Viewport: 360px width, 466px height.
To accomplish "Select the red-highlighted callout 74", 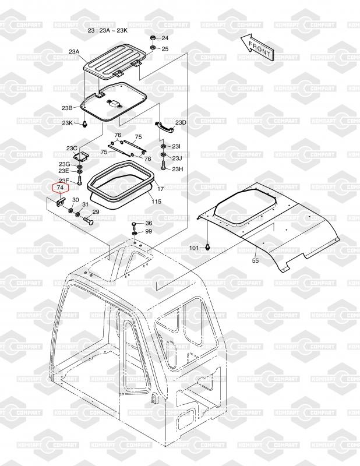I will coord(61,188).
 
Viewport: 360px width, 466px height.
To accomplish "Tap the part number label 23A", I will coord(74,52).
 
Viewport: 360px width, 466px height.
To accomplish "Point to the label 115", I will coord(156,201).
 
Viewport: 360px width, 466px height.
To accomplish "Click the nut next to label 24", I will coord(152,38).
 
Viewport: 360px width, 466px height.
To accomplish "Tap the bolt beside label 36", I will coord(135,225).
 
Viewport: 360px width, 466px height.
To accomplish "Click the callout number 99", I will coord(149,231).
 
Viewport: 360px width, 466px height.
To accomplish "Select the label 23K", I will coord(68,123).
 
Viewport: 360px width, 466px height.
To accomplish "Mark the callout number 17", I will coord(160,189).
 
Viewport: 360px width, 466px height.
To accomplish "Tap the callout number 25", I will coord(165,49).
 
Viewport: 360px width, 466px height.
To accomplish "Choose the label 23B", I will coord(67,108).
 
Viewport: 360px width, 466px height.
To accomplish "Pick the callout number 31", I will coord(85,204).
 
